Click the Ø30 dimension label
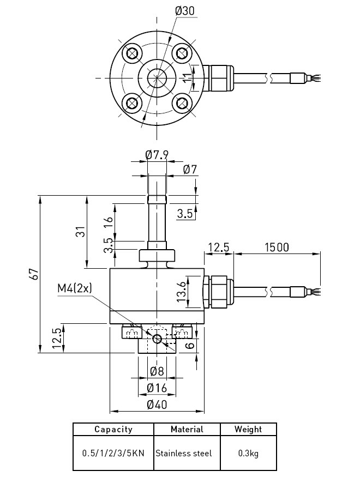click(184, 11)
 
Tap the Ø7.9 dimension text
click(157, 155)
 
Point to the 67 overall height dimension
click(34, 274)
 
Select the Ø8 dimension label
click(157, 372)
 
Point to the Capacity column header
click(113, 430)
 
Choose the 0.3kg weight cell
click(248, 453)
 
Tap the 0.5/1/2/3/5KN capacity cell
click(113, 453)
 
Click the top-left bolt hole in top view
click(131, 53)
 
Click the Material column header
click(187, 430)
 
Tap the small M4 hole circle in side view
click(157, 339)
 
